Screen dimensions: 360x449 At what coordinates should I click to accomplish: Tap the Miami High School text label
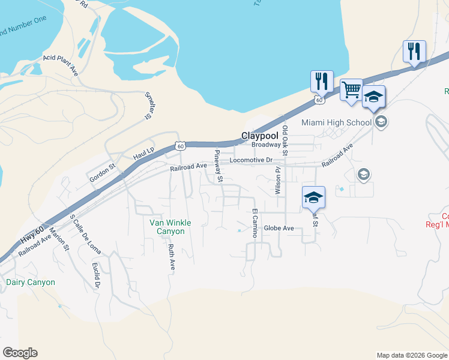tap(337, 122)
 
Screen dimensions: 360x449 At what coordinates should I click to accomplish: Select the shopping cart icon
tap(351, 91)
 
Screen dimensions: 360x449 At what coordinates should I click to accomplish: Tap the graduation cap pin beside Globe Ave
tap(313, 197)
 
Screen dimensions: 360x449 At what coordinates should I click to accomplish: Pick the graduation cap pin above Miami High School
tap(373, 97)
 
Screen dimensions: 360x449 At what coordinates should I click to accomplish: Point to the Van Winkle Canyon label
tap(170, 227)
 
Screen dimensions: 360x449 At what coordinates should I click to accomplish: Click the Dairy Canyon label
tap(30, 282)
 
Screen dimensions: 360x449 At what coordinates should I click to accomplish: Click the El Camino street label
tap(255, 223)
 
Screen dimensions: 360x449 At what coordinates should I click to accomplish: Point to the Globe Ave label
tap(279, 228)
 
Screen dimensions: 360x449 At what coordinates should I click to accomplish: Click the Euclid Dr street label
tap(95, 275)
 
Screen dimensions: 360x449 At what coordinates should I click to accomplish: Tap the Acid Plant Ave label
tap(61, 64)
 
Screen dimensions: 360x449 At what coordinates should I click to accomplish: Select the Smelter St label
tap(147, 106)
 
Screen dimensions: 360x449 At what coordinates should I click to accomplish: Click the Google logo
tap(20, 353)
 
